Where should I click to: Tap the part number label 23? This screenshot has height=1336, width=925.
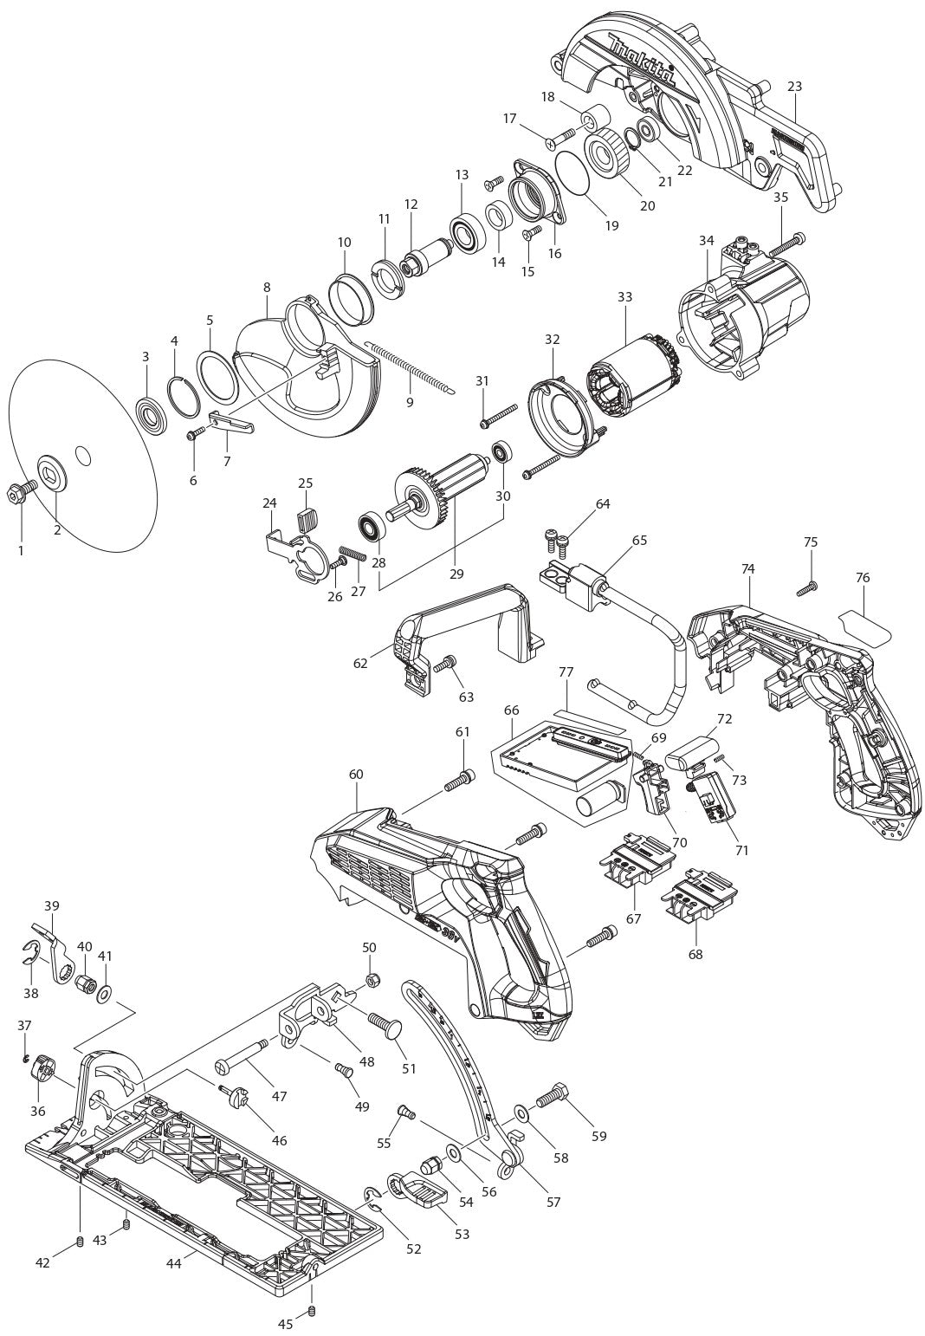click(794, 86)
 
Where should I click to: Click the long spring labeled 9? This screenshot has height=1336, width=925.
click(406, 368)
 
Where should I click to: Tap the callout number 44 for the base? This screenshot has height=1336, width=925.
click(174, 1265)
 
